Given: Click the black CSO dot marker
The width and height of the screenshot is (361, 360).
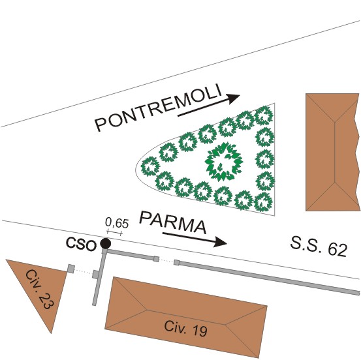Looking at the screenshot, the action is (106, 243).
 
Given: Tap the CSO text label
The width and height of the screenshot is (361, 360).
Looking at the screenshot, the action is (81, 245).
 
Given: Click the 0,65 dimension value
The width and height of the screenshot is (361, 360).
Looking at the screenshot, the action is (117, 222).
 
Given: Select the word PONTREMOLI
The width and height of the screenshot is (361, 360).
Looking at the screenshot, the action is (159, 108).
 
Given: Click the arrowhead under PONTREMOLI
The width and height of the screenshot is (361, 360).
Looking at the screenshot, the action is (233, 98).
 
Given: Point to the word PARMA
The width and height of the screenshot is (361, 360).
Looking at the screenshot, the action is (173, 222).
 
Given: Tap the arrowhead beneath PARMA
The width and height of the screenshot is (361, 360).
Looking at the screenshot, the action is (221, 242).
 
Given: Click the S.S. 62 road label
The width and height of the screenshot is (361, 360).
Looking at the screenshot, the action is (319, 247).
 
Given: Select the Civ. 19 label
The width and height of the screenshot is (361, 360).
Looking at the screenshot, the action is (185, 329).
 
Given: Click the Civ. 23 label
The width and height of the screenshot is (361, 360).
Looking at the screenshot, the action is (40, 290).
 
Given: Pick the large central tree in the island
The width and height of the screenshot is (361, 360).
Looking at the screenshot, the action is (224, 162).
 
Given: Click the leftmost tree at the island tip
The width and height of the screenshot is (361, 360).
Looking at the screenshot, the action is (150, 166).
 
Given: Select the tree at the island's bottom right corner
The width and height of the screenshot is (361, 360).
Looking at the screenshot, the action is (263, 202).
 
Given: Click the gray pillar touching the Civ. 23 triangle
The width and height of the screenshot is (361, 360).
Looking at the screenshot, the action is (71, 269).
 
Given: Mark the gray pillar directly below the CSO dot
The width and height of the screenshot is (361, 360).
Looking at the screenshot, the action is (104, 251).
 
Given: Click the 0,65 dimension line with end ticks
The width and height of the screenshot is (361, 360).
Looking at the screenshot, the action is (114, 233).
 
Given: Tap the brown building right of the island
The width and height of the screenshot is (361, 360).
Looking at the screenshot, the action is (332, 152).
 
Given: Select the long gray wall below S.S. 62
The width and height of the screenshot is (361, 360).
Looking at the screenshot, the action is (267, 278).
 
